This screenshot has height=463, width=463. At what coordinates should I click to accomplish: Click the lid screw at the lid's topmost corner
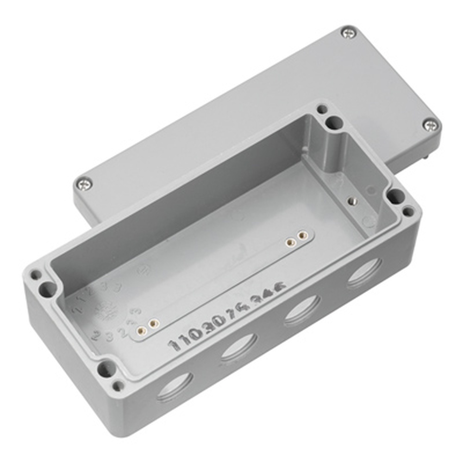tap(348, 33)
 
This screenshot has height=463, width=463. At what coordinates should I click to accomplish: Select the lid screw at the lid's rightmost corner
tap(430, 125)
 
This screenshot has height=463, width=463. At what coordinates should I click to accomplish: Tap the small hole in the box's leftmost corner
tap(35, 275)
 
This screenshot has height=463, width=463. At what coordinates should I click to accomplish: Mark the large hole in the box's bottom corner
tap(106, 369)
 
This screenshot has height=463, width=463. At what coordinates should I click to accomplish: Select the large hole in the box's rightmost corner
tap(394, 196)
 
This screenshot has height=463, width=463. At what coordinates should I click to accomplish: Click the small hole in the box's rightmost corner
tap(408, 212)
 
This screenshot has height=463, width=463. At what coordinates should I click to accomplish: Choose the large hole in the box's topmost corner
tap(334, 123)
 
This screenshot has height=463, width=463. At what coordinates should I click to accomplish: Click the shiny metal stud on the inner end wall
tap(351, 200)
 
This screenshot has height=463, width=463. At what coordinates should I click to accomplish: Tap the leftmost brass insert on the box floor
tap(142, 330)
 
